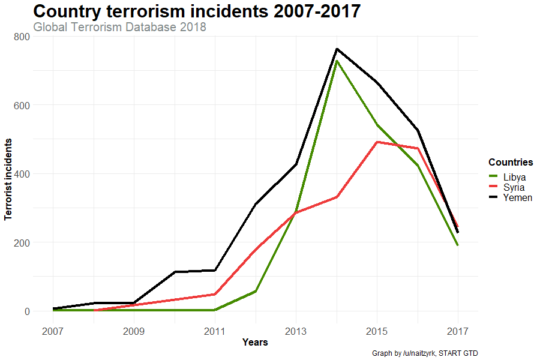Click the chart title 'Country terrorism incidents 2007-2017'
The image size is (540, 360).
pyautogui.click(x=197, y=11)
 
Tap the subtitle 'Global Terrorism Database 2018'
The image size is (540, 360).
pyautogui.click(x=120, y=27)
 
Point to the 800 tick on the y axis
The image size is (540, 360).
pyautogui.click(x=22, y=37)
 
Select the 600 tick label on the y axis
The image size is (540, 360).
pyautogui.click(x=22, y=105)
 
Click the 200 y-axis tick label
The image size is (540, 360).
pyautogui.click(x=22, y=242)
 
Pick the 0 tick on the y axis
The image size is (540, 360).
pyautogui.click(x=26, y=311)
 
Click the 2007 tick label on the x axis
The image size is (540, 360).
pyautogui.click(x=53, y=331)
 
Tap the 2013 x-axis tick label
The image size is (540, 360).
pyautogui.click(x=296, y=331)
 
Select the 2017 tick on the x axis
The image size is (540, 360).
pyautogui.click(x=458, y=331)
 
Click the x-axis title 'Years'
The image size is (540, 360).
pyautogui.click(x=255, y=343)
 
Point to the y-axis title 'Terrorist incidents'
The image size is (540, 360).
pyautogui.click(x=9, y=179)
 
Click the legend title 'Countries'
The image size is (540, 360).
pyautogui.click(x=511, y=163)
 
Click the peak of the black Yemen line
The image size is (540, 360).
pyautogui.click(x=337, y=49)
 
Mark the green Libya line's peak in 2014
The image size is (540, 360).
pyautogui.click(x=337, y=61)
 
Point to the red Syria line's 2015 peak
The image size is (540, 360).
pyautogui.click(x=377, y=142)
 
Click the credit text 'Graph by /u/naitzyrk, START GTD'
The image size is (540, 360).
pyautogui.click(x=425, y=353)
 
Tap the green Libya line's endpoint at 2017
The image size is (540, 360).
pyautogui.click(x=458, y=245)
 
